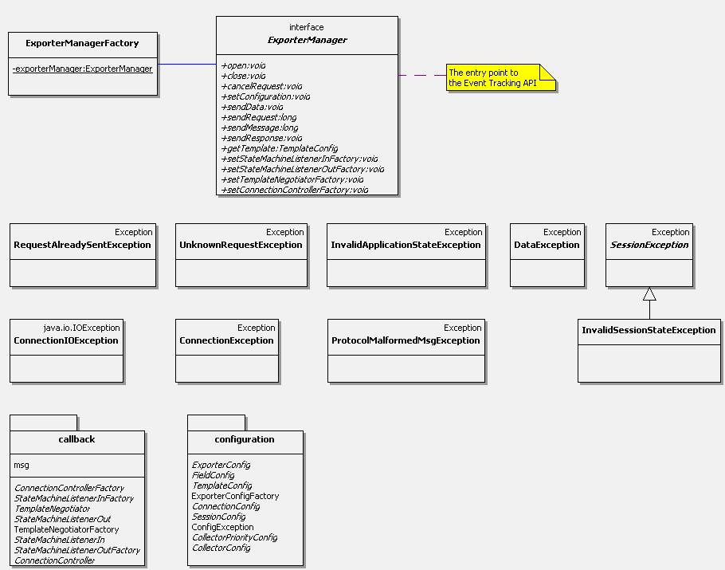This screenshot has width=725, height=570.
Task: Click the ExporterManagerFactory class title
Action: (x=82, y=44)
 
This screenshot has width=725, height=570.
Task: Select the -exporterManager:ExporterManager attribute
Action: (x=82, y=69)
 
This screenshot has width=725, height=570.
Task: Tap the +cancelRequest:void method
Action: (x=261, y=87)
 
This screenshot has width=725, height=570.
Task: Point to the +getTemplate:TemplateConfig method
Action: (x=280, y=148)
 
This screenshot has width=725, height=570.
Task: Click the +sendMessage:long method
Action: (x=260, y=128)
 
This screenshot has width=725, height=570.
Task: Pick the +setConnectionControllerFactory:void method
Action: (x=295, y=190)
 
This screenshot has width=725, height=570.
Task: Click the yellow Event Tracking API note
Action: (x=501, y=77)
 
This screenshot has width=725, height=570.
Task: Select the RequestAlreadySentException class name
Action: (x=82, y=245)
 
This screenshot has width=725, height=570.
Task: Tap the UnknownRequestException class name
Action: (x=241, y=245)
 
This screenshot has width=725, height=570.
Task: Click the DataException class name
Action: (x=547, y=245)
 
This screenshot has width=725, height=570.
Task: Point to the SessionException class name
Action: (x=649, y=245)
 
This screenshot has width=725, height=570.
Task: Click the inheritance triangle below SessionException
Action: (x=649, y=294)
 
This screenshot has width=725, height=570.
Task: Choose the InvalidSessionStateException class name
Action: (x=649, y=330)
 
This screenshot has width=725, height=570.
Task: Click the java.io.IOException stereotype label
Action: (x=81, y=328)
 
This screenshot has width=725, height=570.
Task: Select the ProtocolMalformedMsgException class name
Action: (x=406, y=340)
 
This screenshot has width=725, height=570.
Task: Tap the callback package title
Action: (x=76, y=439)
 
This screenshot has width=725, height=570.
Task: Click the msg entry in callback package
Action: (x=22, y=465)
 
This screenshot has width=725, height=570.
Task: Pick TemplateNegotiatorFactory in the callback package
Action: (x=66, y=529)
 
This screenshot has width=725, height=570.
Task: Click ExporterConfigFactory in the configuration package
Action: (x=235, y=496)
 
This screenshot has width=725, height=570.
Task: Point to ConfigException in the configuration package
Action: (x=222, y=527)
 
